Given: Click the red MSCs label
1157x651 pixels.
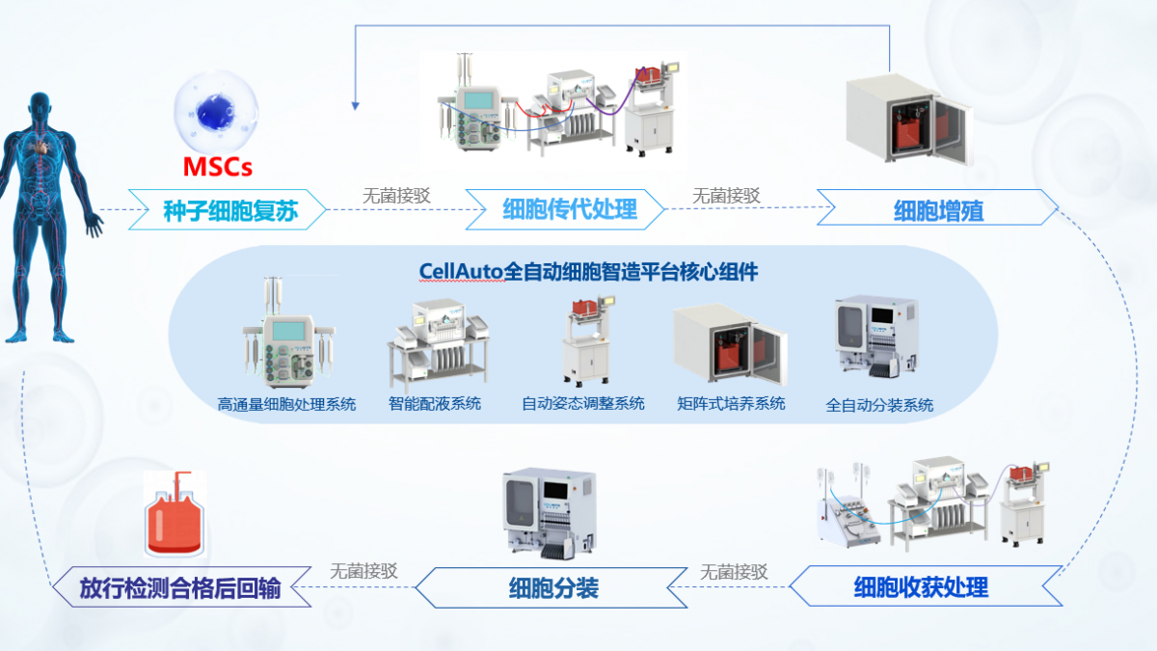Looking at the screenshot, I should pyautogui.click(x=218, y=167).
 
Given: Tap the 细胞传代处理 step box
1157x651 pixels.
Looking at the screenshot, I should pyautogui.click(x=569, y=209).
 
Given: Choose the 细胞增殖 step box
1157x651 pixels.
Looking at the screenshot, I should pyautogui.click(x=937, y=209).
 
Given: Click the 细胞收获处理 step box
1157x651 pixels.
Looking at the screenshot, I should pyautogui.click(x=921, y=585).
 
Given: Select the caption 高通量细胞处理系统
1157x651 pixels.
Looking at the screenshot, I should pyautogui.click(x=286, y=404).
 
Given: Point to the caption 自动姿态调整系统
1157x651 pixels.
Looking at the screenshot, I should pyautogui.click(x=582, y=403).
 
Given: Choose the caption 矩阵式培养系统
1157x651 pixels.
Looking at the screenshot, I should pyautogui.click(x=731, y=403).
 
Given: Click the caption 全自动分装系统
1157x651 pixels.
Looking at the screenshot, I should pyautogui.click(x=879, y=405).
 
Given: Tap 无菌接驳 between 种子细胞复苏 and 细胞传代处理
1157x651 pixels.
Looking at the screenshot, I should pyautogui.click(x=396, y=194).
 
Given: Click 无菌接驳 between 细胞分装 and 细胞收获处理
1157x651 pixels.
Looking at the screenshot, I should pyautogui.click(x=735, y=571).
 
